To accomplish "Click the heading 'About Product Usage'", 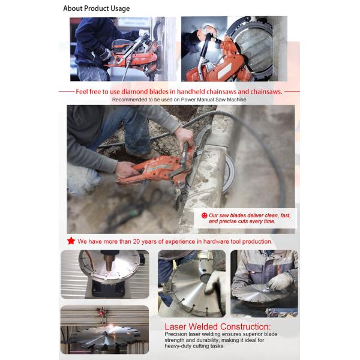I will [x=96, y=8].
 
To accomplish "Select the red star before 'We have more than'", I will [x=71, y=241].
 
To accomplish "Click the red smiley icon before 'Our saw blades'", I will [x=204, y=215].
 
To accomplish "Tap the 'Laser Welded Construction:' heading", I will [x=217, y=327].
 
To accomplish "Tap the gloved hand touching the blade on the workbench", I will [x=278, y=282].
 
